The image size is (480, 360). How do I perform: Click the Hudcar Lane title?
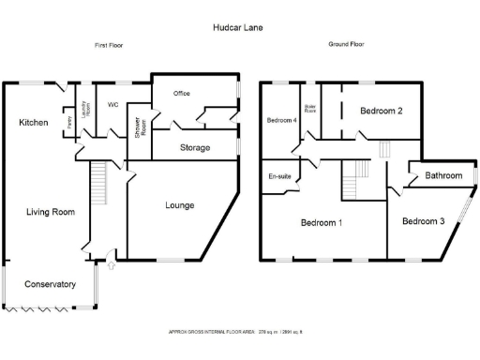[x=238, y=28]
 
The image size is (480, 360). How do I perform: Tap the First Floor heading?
[x=108, y=45]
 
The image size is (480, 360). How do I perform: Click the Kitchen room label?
[x=33, y=123]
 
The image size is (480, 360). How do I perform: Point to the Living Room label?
[x=50, y=212]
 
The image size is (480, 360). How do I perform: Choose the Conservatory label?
[x=49, y=284]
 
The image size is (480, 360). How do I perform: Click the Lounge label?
[x=180, y=204]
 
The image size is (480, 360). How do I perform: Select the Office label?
[x=182, y=94]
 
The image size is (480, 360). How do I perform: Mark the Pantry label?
[x=69, y=121]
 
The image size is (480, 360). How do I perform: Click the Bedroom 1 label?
[x=321, y=223]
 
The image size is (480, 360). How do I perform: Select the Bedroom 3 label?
[x=424, y=221]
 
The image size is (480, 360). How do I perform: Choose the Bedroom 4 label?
[x=281, y=120]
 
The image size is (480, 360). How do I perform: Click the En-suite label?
[x=278, y=176]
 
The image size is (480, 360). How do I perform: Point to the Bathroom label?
[x=443, y=175]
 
